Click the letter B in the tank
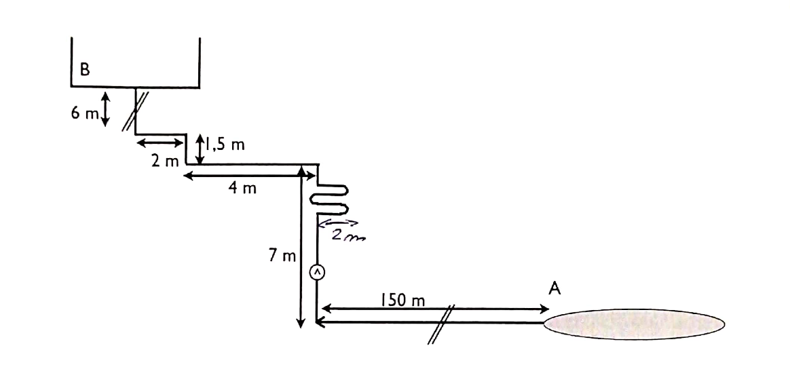(85, 69)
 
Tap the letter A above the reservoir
(554, 288)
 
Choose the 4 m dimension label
(242, 189)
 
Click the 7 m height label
(282, 256)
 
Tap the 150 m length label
(402, 301)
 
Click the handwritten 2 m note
(348, 234)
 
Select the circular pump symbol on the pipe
(317, 272)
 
